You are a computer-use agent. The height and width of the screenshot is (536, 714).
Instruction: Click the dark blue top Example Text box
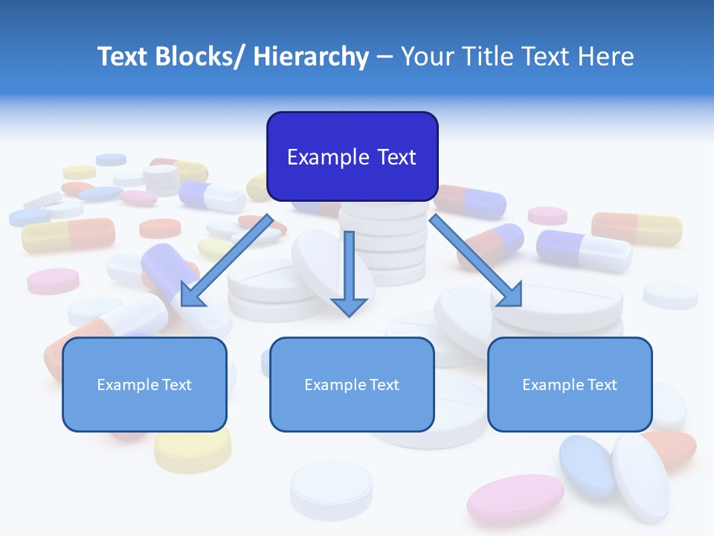click(352, 156)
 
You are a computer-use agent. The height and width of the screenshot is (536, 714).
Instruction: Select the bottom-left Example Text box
click(144, 384)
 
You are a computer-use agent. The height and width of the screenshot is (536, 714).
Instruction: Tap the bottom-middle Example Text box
click(352, 384)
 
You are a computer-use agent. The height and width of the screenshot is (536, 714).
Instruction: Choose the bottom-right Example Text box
click(570, 384)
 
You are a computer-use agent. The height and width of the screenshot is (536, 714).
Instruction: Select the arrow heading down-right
click(476, 261)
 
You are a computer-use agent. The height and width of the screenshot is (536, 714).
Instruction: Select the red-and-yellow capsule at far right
click(637, 228)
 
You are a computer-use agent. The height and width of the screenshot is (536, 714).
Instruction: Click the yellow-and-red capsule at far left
click(68, 234)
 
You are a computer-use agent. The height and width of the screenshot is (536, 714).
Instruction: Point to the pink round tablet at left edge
click(53, 281)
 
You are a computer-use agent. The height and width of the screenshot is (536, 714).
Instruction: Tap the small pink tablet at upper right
click(547, 216)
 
